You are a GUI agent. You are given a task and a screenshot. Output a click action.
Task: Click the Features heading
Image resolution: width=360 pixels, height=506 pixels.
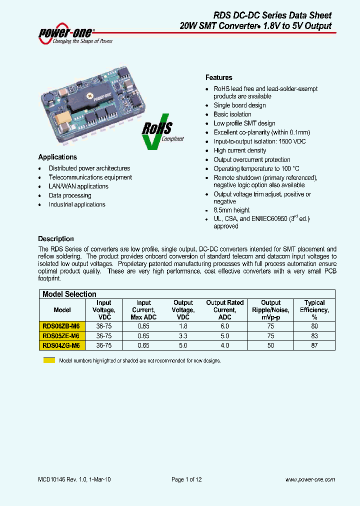point(219,77)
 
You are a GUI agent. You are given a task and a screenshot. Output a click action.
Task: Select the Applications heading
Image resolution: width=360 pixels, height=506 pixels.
point(57,157)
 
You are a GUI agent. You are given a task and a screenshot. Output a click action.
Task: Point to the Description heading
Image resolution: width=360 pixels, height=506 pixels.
point(56,239)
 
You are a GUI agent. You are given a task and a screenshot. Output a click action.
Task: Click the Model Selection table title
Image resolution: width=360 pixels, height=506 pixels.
point(69,294)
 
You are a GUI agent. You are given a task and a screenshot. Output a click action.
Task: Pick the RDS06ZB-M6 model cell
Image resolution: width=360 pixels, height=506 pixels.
point(61,326)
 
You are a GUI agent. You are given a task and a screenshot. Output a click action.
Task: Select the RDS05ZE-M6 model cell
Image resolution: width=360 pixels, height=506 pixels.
point(61,336)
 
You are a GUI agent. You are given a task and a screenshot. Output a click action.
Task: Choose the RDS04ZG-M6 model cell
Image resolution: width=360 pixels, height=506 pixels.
point(61,345)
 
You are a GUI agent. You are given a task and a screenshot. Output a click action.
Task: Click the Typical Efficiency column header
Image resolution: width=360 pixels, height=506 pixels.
point(314,309)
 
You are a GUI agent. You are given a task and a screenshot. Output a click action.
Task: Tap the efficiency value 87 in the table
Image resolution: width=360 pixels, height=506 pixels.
point(314,345)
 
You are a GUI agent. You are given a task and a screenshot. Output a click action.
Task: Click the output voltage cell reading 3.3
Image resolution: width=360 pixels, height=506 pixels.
point(183,336)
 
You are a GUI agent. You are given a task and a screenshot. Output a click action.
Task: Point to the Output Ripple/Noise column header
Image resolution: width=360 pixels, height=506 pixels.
point(271,309)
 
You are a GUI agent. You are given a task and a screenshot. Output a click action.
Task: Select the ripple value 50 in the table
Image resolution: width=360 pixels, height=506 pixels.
point(271,345)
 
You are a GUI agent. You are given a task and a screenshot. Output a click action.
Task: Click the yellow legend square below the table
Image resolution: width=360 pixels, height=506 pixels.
point(49,360)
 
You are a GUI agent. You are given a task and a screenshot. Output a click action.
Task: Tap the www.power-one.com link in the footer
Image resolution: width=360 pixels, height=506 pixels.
point(310,479)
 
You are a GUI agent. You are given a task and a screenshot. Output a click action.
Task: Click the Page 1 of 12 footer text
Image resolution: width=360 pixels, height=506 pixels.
point(186,479)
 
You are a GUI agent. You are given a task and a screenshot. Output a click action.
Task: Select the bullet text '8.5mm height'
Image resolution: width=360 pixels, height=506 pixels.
point(231,210)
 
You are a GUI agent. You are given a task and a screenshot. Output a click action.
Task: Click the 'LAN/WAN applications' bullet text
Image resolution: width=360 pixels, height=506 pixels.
point(78,186)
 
